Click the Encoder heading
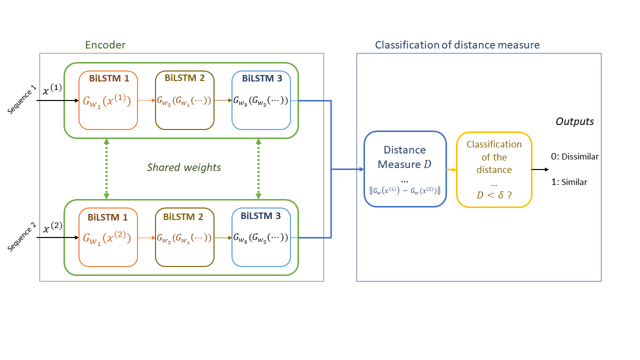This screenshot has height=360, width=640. click(x=105, y=45)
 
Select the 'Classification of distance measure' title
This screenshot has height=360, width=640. click(x=457, y=45)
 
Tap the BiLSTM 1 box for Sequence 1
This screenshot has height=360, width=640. click(x=108, y=100)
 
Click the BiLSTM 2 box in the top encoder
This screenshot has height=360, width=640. click(x=184, y=100)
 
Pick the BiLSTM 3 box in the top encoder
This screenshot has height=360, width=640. click(x=261, y=100)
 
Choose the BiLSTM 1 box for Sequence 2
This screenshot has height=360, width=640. click(x=108, y=237)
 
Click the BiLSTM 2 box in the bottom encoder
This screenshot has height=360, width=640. click(x=184, y=237)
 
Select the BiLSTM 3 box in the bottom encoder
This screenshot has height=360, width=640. click(x=261, y=237)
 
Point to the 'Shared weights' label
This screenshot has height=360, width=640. click(x=183, y=167)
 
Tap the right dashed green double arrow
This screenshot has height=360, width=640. click(x=258, y=169)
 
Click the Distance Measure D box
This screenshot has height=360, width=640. click(x=405, y=169)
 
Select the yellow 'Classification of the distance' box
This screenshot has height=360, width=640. click(x=494, y=169)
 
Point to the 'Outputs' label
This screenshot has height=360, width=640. click(x=574, y=121)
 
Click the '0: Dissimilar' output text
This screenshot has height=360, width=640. click(x=574, y=156)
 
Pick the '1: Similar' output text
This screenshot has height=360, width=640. click(x=569, y=182)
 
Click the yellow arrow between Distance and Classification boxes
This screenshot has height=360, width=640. click(x=451, y=170)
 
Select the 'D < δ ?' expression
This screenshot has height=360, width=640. click(x=494, y=195)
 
